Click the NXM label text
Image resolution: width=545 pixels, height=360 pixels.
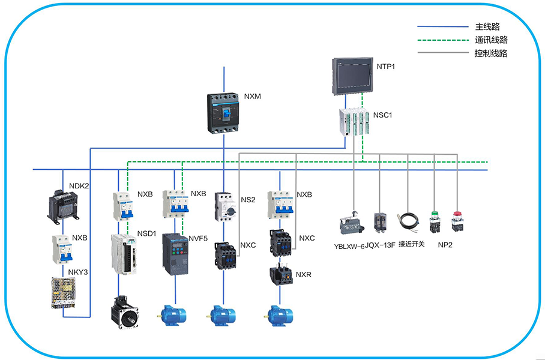(253, 96)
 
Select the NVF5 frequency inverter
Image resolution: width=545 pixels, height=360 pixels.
(175, 254)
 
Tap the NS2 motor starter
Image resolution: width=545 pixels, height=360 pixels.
(224, 206)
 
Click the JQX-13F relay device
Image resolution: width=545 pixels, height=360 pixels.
(380, 223)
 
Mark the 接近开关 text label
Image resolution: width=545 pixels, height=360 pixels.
(411, 244)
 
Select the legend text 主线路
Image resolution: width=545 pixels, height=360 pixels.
(487, 27)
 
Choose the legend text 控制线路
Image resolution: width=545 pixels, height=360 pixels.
(491, 53)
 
